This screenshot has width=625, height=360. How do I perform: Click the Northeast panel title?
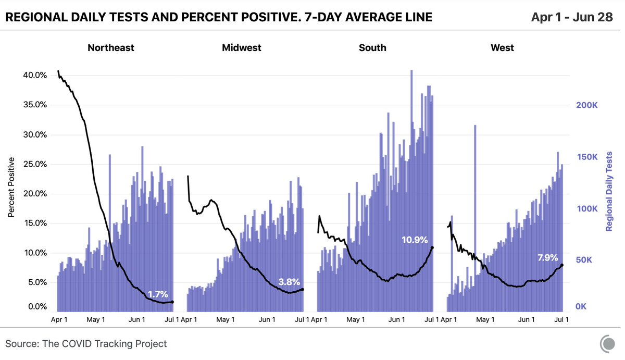110,48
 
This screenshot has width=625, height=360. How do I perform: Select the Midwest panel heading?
241,48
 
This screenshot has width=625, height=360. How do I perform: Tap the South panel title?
372,48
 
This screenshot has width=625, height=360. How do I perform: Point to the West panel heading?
502,48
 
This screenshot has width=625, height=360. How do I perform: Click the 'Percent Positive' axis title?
11,188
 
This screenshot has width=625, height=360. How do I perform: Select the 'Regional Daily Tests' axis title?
609,191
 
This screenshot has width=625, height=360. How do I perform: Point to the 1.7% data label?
158,293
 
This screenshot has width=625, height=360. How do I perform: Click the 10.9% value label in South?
415,240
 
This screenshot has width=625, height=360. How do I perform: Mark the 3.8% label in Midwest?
289,282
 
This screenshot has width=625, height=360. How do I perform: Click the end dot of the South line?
432,247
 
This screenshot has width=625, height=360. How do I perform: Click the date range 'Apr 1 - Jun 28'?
572,17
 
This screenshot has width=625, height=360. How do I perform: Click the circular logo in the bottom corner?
607,343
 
